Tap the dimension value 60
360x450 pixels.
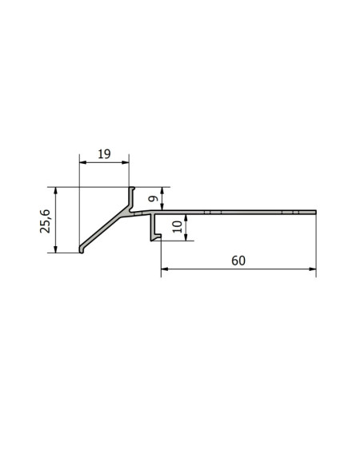pos(238,261)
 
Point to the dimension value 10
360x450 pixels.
pos(177,225)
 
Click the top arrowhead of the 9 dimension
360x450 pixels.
pos(162,190)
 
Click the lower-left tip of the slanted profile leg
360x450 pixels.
pos(82,251)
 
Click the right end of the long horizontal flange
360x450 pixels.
pos(315,213)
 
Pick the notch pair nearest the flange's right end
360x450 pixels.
pos(294,213)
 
